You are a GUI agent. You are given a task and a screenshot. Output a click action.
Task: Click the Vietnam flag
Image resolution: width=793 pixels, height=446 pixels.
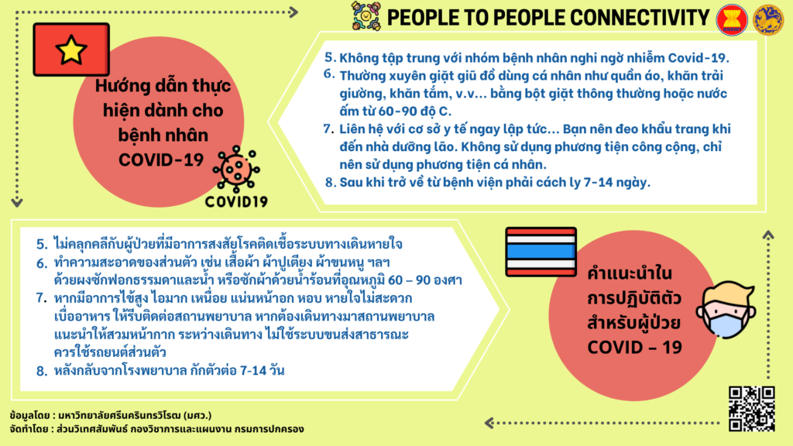tap(71, 50)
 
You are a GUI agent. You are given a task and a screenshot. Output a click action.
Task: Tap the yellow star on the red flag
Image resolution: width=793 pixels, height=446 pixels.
tap(71, 50)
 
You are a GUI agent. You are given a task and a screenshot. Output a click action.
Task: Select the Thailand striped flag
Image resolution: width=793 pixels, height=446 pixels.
tap(541, 252)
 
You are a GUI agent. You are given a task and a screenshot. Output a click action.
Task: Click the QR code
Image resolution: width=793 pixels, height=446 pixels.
tap(751, 409)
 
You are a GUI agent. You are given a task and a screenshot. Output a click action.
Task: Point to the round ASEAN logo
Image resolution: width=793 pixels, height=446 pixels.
tap(732, 19)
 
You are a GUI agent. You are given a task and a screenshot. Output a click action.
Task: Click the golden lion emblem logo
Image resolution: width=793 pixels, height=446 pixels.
tap(767, 19)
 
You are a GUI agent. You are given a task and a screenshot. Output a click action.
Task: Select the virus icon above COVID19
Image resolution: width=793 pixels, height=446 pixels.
tap(235, 169)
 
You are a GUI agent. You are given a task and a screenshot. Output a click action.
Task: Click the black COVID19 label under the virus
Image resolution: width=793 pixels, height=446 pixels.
tap(236, 202)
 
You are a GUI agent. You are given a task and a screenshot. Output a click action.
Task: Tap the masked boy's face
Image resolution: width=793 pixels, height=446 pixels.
tap(726, 310)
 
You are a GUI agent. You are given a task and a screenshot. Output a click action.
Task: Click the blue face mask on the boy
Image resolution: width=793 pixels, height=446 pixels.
tap(726, 324)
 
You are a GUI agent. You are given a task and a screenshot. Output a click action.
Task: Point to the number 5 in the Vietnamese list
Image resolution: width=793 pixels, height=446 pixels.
tap(330, 57)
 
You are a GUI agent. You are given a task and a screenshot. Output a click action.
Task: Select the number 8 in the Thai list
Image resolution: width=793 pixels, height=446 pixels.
tap(42, 371)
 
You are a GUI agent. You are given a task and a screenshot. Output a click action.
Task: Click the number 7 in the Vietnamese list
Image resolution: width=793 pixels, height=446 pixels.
tap(328, 129)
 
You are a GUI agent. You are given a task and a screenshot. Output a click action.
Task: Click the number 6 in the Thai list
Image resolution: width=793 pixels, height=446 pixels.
tap(42, 263)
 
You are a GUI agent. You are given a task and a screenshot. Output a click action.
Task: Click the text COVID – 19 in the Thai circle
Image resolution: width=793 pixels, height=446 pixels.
tap(635, 348)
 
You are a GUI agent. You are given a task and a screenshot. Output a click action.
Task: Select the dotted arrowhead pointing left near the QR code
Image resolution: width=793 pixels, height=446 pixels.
tap(489, 423)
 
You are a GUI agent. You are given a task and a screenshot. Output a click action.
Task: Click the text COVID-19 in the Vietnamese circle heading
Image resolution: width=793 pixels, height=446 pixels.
tap(161, 160)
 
